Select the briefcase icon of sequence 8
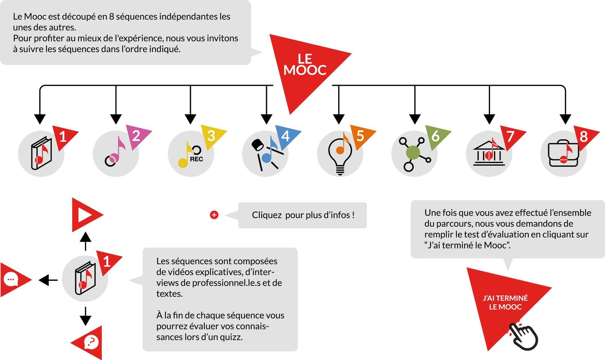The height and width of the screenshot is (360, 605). [x=563, y=154]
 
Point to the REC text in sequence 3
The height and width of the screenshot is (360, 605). [x=196, y=159]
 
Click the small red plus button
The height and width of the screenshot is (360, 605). [x=214, y=215]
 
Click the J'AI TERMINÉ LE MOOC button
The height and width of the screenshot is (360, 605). [x=505, y=302]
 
